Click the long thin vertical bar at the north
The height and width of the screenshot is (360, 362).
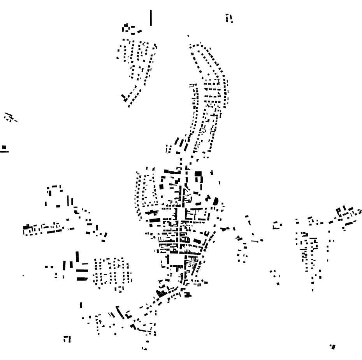click(x=151, y=18)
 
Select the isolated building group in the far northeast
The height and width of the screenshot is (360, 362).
click(x=229, y=18)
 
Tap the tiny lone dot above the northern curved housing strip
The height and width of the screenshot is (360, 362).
click(x=188, y=36)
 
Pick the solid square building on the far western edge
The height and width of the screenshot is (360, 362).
click(x=4, y=147)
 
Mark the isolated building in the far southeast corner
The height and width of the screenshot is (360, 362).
click(x=332, y=346)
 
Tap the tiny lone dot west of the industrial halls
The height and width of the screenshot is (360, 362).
click(x=23, y=275)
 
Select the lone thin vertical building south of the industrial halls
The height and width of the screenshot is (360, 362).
click(x=81, y=305)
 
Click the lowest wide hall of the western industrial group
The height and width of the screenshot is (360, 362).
click(x=82, y=279)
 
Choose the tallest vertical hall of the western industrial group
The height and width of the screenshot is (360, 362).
click(x=77, y=257)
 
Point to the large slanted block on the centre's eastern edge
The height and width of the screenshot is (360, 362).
click(x=216, y=201)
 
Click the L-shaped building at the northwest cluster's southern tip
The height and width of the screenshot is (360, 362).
click(x=125, y=97)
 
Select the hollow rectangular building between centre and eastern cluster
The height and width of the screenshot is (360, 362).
click(x=277, y=225)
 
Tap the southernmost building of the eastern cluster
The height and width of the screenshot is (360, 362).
click(x=313, y=290)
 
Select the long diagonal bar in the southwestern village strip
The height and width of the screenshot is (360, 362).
click(x=120, y=312)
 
